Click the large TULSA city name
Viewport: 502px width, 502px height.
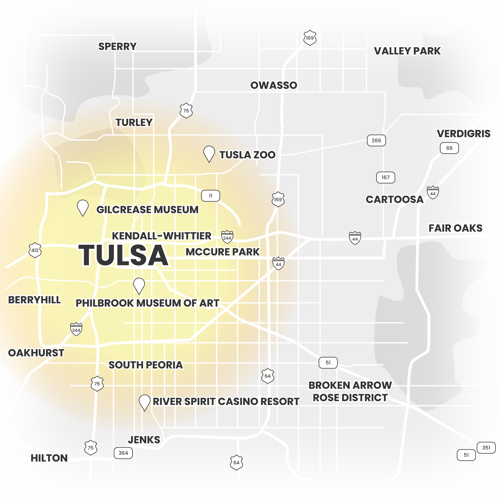(x=123, y=256)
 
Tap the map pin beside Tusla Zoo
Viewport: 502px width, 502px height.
(x=209, y=153)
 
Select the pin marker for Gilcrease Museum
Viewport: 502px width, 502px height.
(x=83, y=207)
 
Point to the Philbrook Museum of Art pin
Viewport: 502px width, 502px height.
(x=139, y=285)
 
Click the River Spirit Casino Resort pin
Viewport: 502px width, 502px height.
(x=145, y=402)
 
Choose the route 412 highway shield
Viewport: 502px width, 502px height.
(x=35, y=250)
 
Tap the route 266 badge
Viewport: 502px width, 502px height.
(x=376, y=141)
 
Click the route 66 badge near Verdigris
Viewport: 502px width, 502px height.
(x=449, y=148)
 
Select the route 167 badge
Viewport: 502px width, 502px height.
(x=385, y=177)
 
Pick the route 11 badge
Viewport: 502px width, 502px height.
(x=211, y=196)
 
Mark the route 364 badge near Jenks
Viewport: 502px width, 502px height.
(x=123, y=453)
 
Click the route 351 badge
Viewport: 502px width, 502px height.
(x=486, y=448)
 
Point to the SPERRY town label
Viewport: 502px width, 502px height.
(x=117, y=46)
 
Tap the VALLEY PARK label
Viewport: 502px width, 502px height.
(x=407, y=51)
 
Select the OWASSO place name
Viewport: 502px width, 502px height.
(x=274, y=85)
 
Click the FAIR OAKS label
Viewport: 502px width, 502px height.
(x=455, y=228)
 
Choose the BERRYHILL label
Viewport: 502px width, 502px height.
(x=34, y=300)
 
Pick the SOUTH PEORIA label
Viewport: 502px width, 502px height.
(x=146, y=365)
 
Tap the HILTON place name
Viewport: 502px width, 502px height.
(x=49, y=458)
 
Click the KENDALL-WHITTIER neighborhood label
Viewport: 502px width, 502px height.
(x=161, y=236)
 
